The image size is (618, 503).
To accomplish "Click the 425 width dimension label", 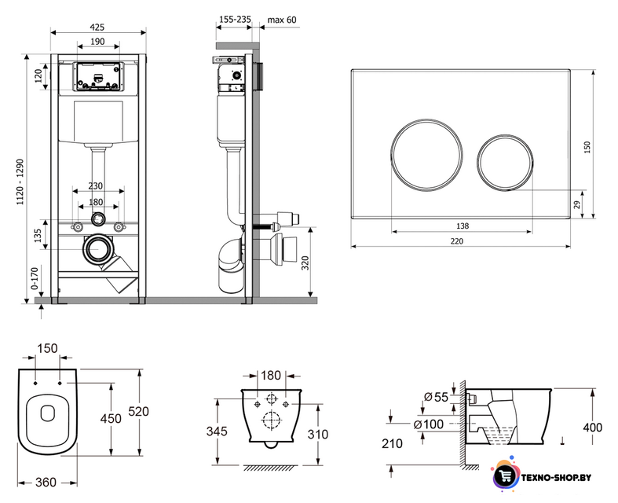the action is tap(97, 27).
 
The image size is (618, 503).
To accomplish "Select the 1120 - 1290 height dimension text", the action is tap(20, 182).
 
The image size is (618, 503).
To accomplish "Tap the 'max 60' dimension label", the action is tap(282, 20).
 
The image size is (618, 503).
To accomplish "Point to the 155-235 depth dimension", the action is tap(235, 20).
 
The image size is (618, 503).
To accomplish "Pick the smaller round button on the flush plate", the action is tap(505, 162).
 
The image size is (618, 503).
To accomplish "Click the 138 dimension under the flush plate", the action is tap(463, 226).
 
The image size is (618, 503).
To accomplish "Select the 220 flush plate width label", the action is tap(457, 241).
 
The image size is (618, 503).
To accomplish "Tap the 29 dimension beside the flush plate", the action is tap(576, 204).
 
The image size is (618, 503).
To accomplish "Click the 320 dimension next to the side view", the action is tap(305, 263).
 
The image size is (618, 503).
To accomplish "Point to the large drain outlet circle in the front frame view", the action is tap(97, 249).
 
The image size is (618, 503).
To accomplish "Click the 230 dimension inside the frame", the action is tap(95, 185).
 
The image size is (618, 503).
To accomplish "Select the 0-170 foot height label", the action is tap(35, 278).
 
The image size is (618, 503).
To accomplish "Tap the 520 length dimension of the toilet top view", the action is tap(139, 412).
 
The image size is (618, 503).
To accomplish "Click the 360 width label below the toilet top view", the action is tap(46, 482).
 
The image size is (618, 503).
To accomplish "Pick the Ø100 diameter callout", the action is tap(429, 424).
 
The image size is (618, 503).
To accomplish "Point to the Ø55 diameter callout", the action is tap(437, 397).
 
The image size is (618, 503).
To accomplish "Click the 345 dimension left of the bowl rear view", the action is tap(217, 431).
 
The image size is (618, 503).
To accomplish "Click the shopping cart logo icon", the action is tap(506, 475).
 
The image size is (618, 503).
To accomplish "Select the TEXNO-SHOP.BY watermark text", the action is tap(556, 477).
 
